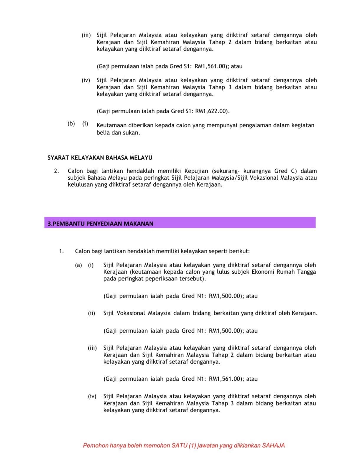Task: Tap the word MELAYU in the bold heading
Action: pyautogui.click(x=141, y=158)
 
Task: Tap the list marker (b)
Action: pyautogui.click(x=71, y=124)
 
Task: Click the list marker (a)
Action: pyautogui.click(x=78, y=265)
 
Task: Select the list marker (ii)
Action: pyautogui.click(x=91, y=313)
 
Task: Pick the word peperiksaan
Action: pyautogui.click(x=162, y=279)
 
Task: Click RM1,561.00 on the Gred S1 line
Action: pyautogui.click(x=210, y=66)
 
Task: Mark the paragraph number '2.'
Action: pyautogui.click(x=56, y=171)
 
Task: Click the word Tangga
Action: pyautogui.click(x=306, y=272)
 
